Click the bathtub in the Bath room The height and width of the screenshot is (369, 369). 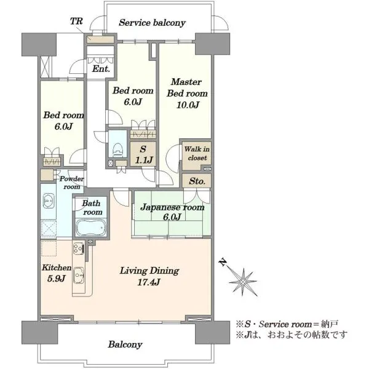[x=90, y=228]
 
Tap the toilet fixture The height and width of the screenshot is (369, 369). [x=117, y=150]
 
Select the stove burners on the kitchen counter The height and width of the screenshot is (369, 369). [x=78, y=248]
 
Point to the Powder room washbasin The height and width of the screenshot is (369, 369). [x=49, y=200]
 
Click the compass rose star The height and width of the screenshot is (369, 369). [x=243, y=282]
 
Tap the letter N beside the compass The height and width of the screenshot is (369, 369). [x=223, y=262]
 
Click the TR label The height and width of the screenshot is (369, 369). [x=76, y=22]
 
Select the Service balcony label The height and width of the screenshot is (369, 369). [x=152, y=23]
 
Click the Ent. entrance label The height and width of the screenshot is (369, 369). [x=101, y=69]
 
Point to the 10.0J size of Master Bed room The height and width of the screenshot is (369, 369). [x=188, y=105]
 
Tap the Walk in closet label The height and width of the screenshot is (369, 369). [x=197, y=153]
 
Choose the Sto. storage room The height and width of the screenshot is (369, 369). [x=197, y=181]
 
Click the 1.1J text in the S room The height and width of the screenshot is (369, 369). [x=144, y=161]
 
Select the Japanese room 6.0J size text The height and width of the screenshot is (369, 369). [x=172, y=216]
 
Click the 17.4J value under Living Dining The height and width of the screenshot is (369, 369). [x=149, y=282]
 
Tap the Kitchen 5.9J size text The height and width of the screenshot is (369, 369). [x=56, y=279]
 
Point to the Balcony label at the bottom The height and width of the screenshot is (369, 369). [x=125, y=344]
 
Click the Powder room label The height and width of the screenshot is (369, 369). [x=72, y=183]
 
